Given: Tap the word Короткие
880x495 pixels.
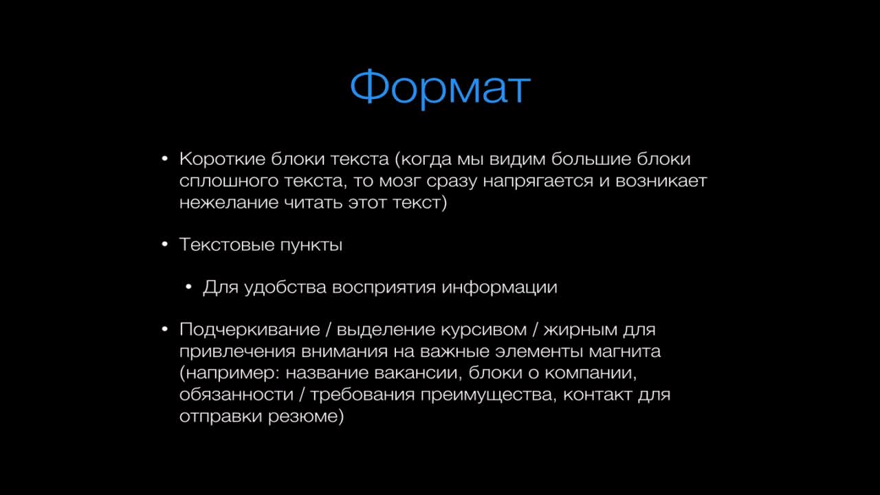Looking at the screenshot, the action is pos(222,159).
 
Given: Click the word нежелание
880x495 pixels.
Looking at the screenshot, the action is pos(229,203).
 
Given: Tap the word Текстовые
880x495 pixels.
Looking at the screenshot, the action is pos(227,245).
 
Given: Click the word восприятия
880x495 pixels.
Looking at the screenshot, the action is pos(384,288).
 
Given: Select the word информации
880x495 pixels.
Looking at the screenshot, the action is pos(499,288).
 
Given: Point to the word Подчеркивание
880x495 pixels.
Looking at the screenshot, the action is pos(250,329).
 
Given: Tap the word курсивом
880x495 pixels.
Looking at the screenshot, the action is pos(483,330).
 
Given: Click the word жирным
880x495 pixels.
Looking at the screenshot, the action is pos(580,330).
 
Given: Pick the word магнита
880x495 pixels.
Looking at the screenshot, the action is pos(624,351).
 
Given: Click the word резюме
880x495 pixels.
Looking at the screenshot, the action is pos(306,417).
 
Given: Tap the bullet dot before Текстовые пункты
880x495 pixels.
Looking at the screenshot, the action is pos(165,244).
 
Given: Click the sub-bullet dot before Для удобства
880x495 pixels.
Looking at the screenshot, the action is pos(188,287).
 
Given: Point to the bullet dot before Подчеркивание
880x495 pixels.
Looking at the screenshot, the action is pos(165,329).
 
